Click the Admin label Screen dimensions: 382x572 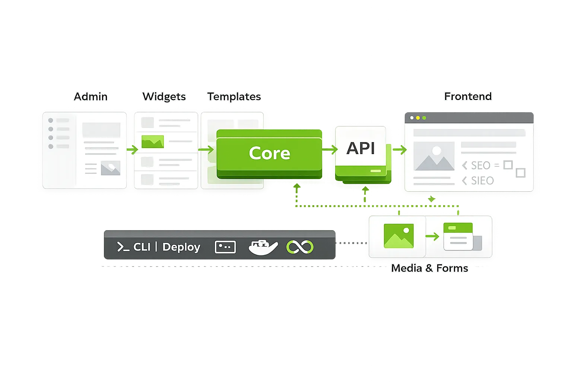point(90,97)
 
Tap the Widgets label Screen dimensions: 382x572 point(164,97)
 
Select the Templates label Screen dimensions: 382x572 point(234,97)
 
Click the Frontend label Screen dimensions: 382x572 point(468,96)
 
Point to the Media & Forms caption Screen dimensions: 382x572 point(429,268)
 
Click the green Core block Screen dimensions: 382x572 point(269,153)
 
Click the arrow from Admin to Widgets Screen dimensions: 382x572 point(132,150)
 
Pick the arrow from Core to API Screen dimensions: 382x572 point(330,150)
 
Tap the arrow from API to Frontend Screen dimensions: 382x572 point(400,150)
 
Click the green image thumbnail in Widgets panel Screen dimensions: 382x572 point(153,142)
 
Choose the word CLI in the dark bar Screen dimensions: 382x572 point(142,247)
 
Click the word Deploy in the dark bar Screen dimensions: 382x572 point(181,247)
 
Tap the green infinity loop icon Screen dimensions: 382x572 point(300,247)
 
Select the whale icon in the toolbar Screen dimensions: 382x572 point(263,247)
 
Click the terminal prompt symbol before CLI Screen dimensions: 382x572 point(123,247)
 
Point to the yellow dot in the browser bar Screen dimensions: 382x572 point(418,118)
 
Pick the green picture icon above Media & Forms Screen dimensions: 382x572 point(398,236)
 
